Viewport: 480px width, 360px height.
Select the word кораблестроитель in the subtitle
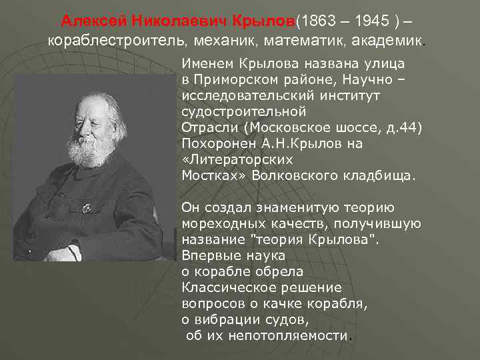coord(117,41)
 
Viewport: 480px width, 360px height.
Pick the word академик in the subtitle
coord(387,41)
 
